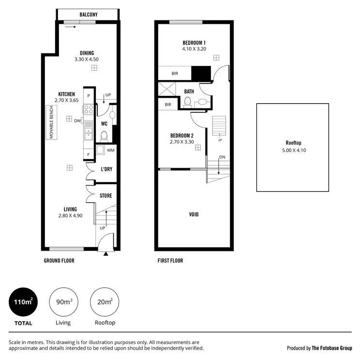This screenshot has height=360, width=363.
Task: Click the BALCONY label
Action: (x=88, y=15)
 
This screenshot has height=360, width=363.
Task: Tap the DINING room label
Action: (x=84, y=53)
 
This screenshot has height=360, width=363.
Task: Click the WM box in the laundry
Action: (x=110, y=151)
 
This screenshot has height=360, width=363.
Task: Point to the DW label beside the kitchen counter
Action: (x=77, y=121)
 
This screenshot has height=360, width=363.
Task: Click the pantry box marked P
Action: (x=89, y=96)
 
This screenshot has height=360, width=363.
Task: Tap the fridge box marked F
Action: (x=89, y=155)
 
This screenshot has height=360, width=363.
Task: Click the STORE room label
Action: (x=106, y=196)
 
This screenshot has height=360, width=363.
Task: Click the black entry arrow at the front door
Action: (x=106, y=252)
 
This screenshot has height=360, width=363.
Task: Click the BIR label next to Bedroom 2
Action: (x=167, y=105)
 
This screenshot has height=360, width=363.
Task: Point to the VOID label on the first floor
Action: (x=194, y=214)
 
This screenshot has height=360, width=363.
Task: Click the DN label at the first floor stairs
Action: (x=222, y=157)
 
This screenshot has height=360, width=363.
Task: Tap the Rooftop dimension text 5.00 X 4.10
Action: (x=293, y=150)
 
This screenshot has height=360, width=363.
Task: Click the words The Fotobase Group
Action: (x=332, y=348)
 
